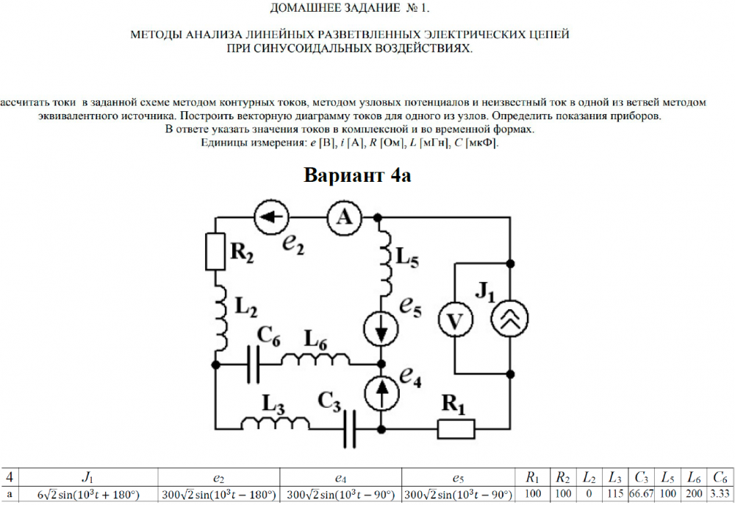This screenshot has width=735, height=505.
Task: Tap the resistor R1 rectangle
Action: point(456,427)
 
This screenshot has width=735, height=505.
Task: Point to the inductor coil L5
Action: point(381,255)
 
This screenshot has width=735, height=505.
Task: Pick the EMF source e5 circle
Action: point(381,328)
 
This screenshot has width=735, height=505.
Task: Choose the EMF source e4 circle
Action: point(381,394)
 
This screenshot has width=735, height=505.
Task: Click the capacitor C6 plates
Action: point(253,364)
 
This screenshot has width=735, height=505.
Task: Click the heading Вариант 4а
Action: point(362,177)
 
